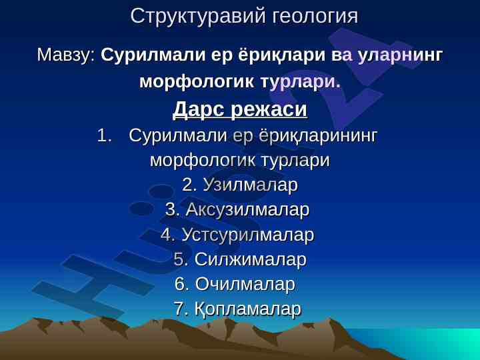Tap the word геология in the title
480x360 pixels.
[315, 17]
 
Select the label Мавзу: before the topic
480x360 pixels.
[66, 55]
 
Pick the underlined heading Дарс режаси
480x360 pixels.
[240, 109]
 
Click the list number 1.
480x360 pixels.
[105, 135]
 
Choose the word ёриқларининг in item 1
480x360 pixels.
[318, 136]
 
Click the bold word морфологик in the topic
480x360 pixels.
[197, 82]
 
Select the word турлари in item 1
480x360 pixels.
[295, 160]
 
